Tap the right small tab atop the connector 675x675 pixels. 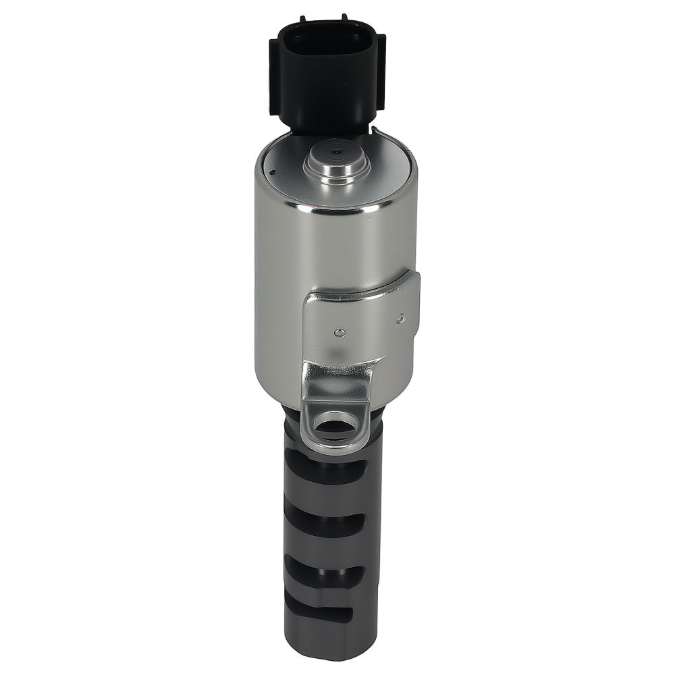click(x=345, y=18)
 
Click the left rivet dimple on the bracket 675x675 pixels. click(x=340, y=332)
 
